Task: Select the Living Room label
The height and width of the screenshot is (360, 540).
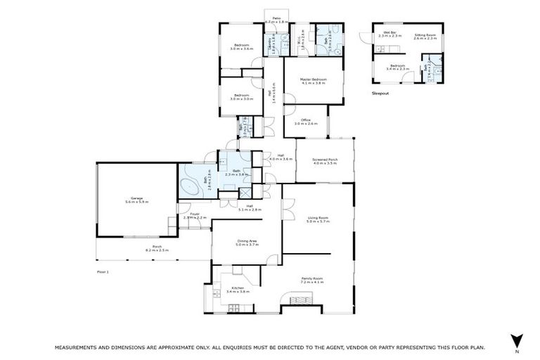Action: [x=319, y=220]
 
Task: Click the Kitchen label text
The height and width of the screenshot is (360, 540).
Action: [x=237, y=289]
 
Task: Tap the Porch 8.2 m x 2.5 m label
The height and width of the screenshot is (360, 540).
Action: [x=157, y=248]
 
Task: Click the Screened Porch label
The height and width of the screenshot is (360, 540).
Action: [x=325, y=161]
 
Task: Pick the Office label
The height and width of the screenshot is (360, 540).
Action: [x=305, y=122]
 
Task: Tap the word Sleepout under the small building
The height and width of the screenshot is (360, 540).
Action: [x=380, y=93]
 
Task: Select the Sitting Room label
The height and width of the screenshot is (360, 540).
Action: [x=425, y=35]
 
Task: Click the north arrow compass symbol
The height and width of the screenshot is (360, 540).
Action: [x=517, y=339]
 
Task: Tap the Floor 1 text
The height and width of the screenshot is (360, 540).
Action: [x=103, y=270]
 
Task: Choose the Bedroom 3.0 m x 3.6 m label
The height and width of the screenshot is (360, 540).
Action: [x=242, y=47]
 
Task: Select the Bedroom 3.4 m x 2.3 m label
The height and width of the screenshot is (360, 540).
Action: [x=397, y=67]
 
